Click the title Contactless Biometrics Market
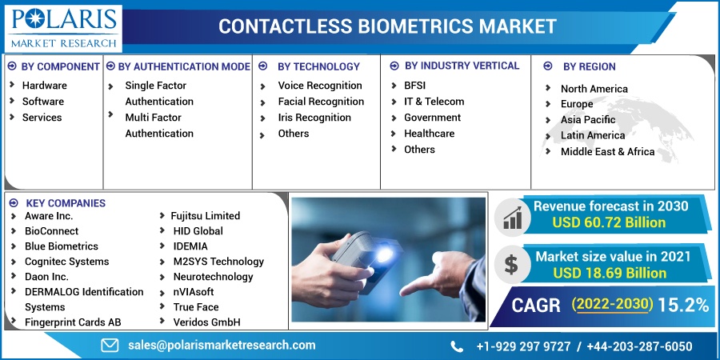pos(387,26)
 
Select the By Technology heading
pos(318,66)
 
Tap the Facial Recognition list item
pos(321,102)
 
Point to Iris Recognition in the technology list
pos(314,118)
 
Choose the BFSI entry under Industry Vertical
pos(414,86)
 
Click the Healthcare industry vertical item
pos(430,134)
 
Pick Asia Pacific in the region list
pos(588,120)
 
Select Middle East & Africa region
pos(607,151)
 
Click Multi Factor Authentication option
pos(159,126)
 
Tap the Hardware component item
pos(45,86)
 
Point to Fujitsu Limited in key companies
pos(206,216)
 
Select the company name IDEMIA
pos(190,246)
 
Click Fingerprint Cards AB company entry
pos(73,322)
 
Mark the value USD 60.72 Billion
pos(609,222)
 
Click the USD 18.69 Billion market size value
pos(610,274)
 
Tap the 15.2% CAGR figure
pos(683,305)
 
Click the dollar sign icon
pos(511,265)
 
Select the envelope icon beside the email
pos(110,346)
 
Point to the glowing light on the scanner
pos(384,253)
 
